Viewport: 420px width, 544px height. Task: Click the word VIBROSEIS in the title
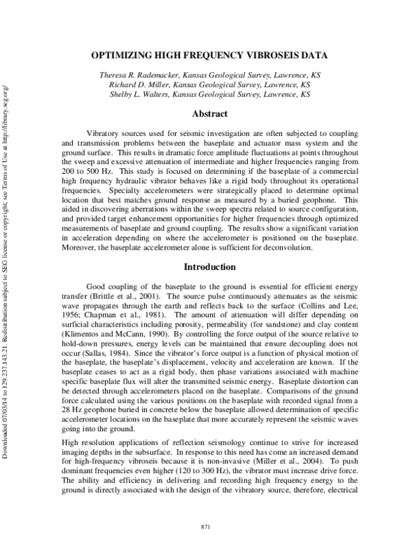281,55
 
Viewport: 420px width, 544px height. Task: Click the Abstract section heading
210,114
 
